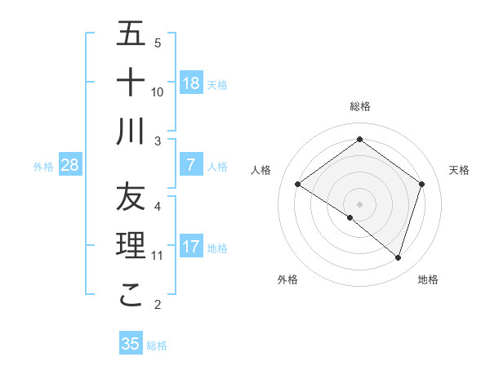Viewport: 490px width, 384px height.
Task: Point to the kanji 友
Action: click(x=131, y=197)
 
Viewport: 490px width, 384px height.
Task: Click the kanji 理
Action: click(x=131, y=246)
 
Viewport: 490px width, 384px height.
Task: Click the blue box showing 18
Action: click(x=190, y=83)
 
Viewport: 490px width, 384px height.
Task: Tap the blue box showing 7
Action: click(x=190, y=165)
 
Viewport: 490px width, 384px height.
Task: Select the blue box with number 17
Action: click(x=190, y=247)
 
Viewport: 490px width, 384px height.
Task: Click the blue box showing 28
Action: click(x=70, y=165)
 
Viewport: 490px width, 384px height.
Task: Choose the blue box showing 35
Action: click(x=131, y=344)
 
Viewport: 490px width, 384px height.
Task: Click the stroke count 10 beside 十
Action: click(x=158, y=92)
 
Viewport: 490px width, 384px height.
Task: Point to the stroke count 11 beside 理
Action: click(x=158, y=256)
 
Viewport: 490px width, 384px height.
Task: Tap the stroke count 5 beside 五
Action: click(x=158, y=42)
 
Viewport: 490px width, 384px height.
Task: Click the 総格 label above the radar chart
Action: click(x=360, y=106)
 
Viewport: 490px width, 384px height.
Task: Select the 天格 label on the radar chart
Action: click(x=460, y=170)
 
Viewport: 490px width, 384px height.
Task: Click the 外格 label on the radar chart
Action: click(x=287, y=279)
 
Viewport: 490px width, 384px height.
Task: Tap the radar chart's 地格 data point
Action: click(x=399, y=258)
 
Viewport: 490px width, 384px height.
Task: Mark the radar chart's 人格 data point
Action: click(x=298, y=185)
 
